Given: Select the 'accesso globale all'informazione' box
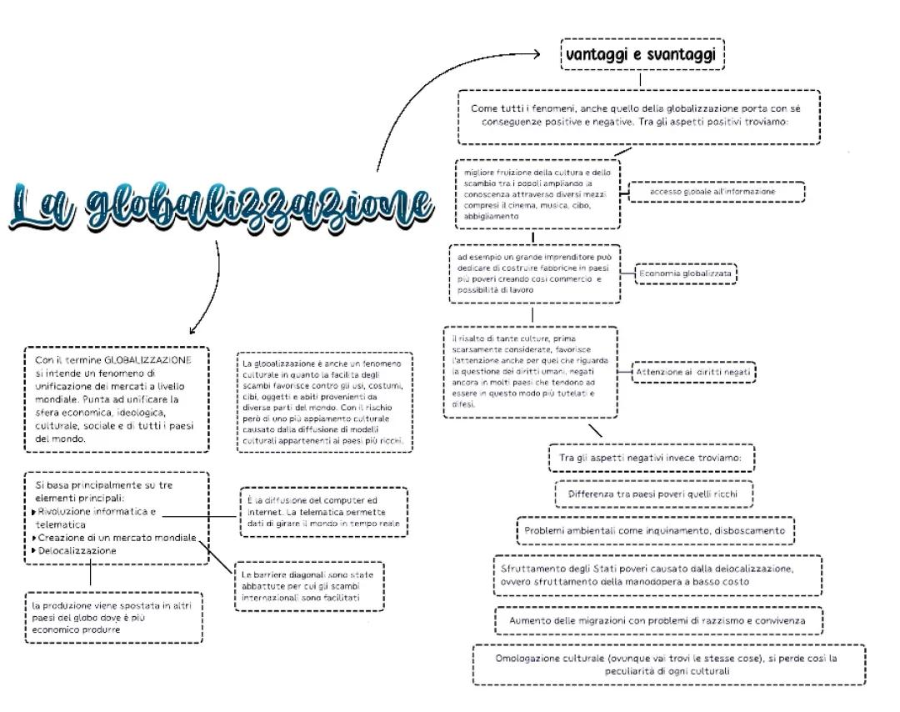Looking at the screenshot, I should pyautogui.click(x=716, y=192).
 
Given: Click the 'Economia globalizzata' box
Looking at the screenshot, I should pyautogui.click(x=686, y=273).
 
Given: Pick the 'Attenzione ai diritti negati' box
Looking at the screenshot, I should pyautogui.click(x=693, y=372).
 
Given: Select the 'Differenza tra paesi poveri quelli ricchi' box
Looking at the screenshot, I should pyautogui.click(x=653, y=494).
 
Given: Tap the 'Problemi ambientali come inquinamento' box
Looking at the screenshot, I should pyautogui.click(x=654, y=530).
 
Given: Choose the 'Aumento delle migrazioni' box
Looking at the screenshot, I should pyautogui.click(x=657, y=620).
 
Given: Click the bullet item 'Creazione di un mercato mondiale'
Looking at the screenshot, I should pyautogui.click(x=116, y=538).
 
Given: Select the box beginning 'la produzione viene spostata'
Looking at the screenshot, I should pyautogui.click(x=112, y=618).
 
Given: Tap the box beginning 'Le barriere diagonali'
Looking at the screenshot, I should pyautogui.click(x=309, y=586).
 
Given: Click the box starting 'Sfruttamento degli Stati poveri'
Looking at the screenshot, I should pyautogui.click(x=657, y=575).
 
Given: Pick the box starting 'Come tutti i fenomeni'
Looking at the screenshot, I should pyautogui.click(x=638, y=115).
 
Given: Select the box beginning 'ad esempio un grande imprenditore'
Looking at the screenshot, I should pyautogui.click(x=535, y=273).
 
